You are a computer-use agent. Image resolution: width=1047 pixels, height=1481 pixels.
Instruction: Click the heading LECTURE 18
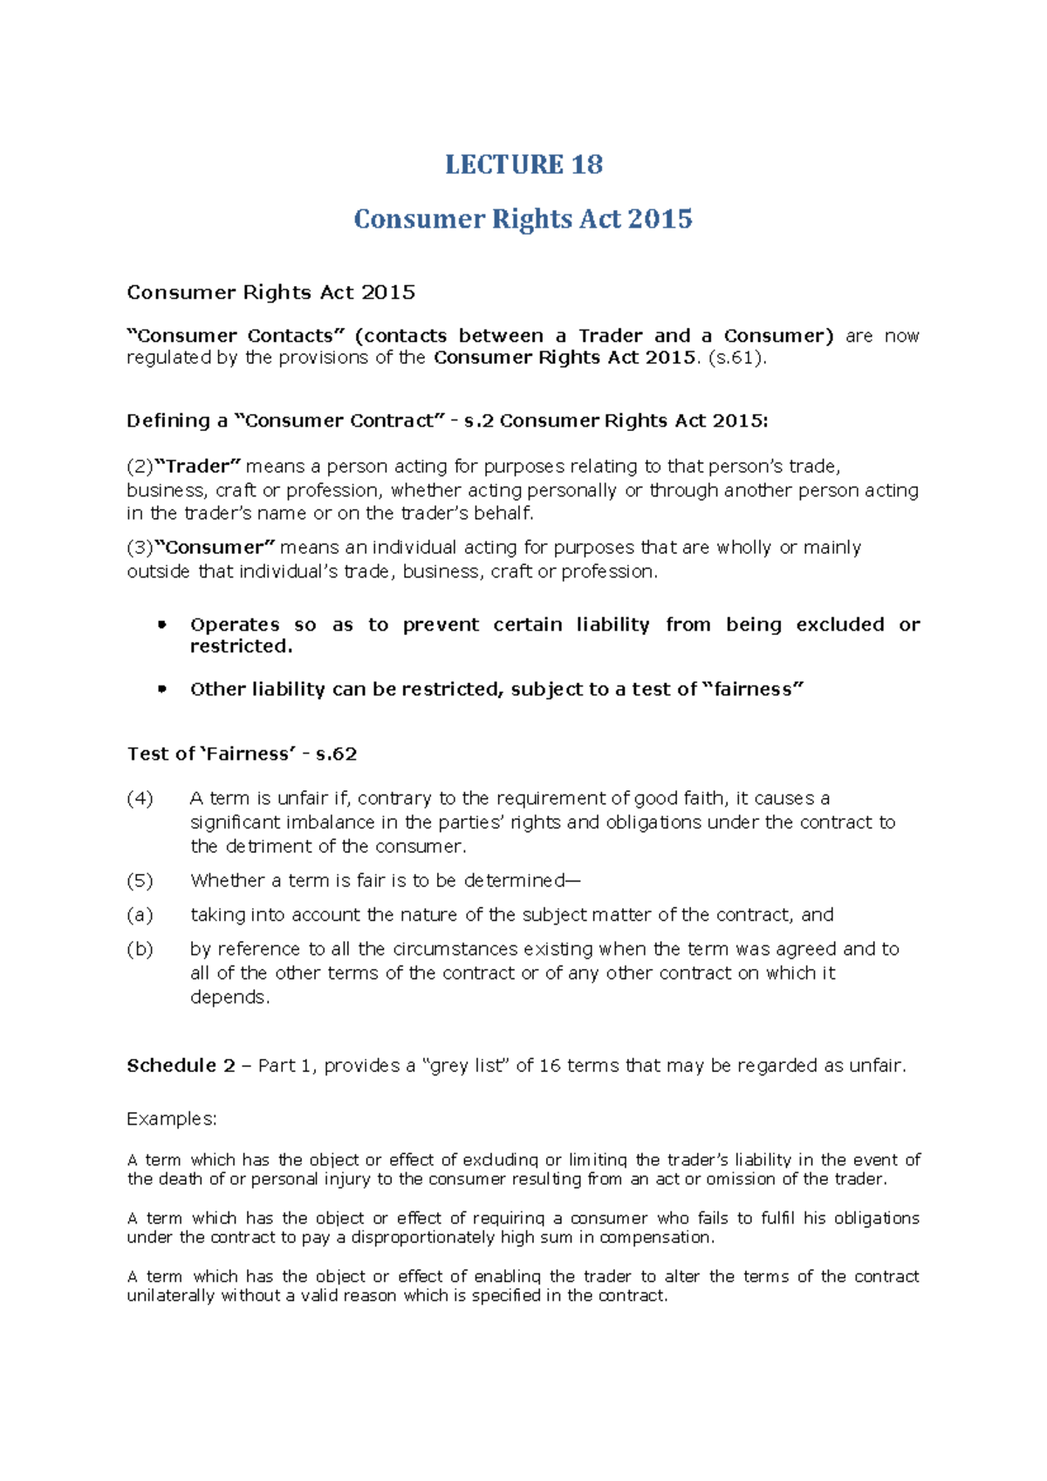tap(523, 164)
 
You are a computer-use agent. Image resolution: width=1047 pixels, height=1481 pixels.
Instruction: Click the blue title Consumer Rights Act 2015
tap(523, 218)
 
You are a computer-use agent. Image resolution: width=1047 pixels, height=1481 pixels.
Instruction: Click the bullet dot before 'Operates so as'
tap(161, 624)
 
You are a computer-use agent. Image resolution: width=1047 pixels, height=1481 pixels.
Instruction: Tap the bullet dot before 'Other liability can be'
tap(161, 689)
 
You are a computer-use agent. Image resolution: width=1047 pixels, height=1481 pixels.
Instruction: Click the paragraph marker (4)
tap(140, 798)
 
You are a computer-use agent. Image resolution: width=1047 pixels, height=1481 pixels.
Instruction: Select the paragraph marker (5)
tap(140, 880)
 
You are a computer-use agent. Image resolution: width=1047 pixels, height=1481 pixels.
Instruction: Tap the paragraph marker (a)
tap(140, 914)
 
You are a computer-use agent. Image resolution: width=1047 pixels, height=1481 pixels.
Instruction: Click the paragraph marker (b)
tap(140, 949)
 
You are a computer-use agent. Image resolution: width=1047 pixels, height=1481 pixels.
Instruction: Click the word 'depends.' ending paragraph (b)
tap(230, 997)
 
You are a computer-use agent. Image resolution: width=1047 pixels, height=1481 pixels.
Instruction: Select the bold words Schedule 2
tap(181, 1065)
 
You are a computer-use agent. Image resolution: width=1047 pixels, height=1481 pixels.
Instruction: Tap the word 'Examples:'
tap(172, 1118)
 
